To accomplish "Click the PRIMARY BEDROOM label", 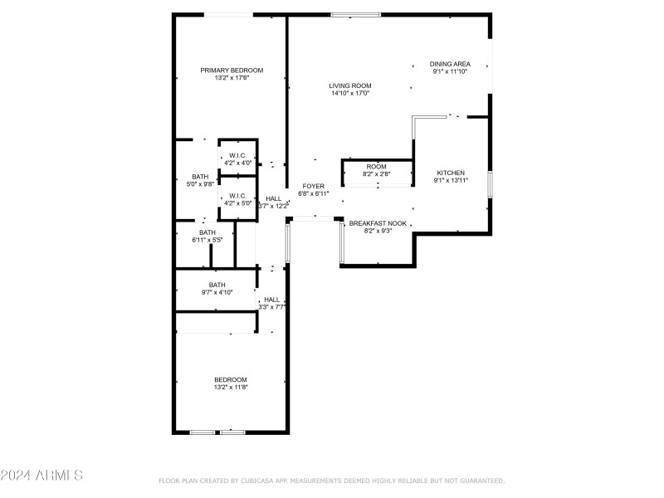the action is (x=232, y=71).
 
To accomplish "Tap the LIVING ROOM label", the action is (x=350, y=86).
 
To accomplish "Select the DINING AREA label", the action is (x=450, y=64).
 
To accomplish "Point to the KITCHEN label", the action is (x=451, y=173).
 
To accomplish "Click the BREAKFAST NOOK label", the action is (x=378, y=223).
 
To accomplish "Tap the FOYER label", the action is (x=314, y=186).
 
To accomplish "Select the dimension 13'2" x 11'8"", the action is (x=231, y=387).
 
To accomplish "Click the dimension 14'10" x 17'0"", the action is (x=350, y=93).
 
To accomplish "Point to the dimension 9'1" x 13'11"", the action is (x=451, y=180).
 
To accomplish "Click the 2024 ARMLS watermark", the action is (x=41, y=475).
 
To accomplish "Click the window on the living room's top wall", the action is (x=356, y=15).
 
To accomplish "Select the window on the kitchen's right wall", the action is (x=490, y=184).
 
